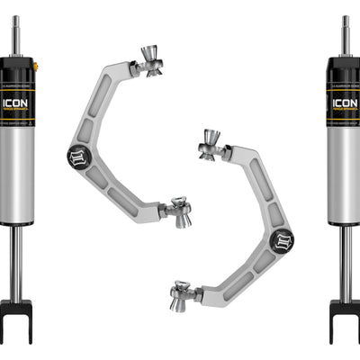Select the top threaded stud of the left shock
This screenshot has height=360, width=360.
[x=15, y=34]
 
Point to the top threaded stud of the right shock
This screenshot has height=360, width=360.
[x=346, y=34]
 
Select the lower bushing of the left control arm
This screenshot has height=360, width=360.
[x=177, y=212]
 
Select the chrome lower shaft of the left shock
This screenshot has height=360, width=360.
[x=16, y=261]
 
